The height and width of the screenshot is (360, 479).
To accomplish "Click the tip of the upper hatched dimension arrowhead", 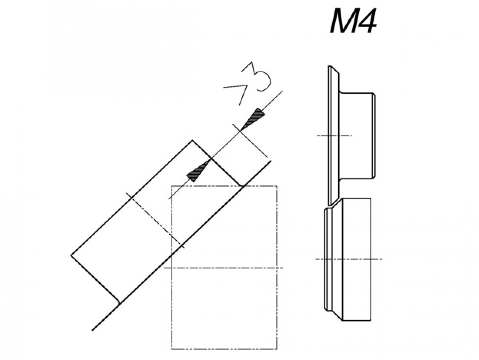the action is pyautogui.click(x=240, y=131).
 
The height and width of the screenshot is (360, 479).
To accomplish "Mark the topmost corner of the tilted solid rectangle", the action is pyautogui.click(x=192, y=140).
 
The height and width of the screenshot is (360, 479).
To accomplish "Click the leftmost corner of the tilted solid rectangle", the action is pyautogui.click(x=71, y=255).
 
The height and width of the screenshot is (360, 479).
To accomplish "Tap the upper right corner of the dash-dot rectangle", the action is pyautogui.click(x=277, y=186).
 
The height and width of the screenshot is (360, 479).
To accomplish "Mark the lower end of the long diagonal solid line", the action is pyautogui.click(x=92, y=330).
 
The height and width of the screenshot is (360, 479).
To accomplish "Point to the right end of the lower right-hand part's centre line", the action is pyautogui.click(x=382, y=259).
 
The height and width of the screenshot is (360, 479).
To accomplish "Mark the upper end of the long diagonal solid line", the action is pyautogui.click(x=271, y=161).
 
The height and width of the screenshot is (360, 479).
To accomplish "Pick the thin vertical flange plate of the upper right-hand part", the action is pyautogui.click(x=334, y=135).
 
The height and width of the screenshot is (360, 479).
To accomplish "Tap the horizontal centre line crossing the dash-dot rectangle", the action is pyautogui.click(x=223, y=268).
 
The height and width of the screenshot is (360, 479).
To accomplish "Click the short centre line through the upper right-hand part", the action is pyautogui.click(x=334, y=136).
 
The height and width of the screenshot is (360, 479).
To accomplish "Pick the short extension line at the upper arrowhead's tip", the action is pyautogui.click(x=250, y=140).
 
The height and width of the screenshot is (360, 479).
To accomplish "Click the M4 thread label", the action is pyautogui.click(x=353, y=21).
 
